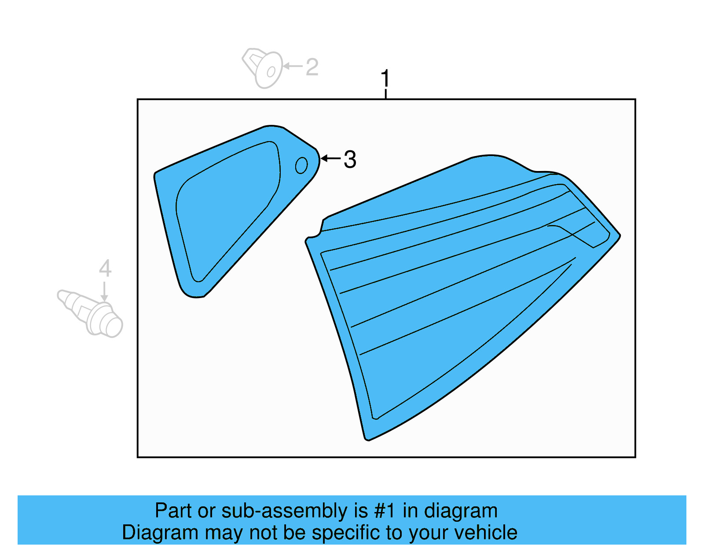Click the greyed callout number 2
(312, 67)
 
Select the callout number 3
(350, 159)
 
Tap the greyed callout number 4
(105, 268)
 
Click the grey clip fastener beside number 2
(263, 68)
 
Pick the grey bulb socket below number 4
(91, 313)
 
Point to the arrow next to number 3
(330, 158)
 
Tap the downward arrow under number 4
(105, 292)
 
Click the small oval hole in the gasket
(301, 166)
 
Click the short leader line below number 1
(385, 94)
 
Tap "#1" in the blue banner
(385, 511)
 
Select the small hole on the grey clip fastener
(271, 72)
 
